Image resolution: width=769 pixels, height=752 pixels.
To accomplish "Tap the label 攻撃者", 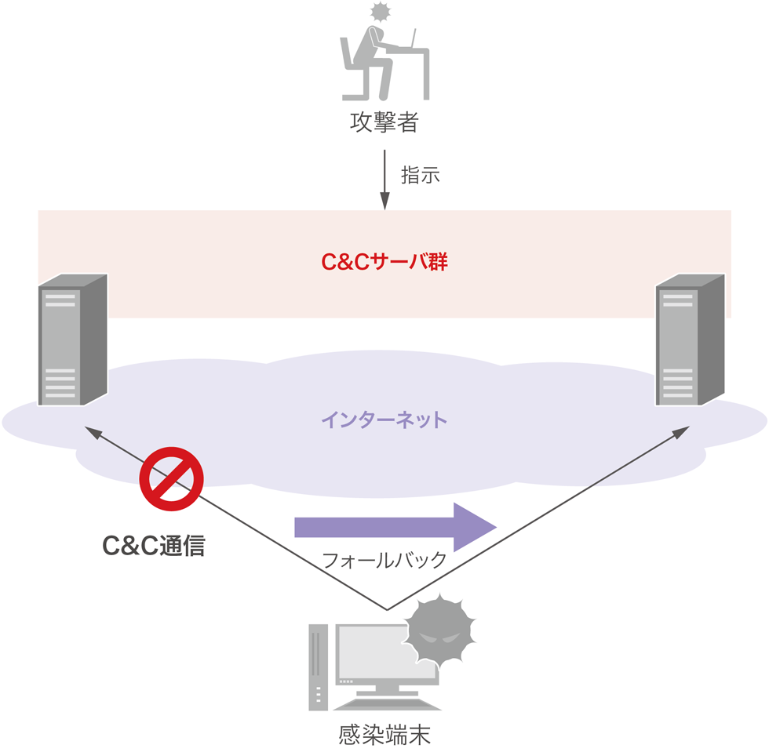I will click(x=384, y=124).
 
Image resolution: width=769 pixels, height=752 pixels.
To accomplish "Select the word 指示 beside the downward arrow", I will click(x=421, y=175).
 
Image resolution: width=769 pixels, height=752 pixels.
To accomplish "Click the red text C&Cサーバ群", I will click(x=384, y=262).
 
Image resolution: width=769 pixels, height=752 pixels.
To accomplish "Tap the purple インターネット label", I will click(x=384, y=420).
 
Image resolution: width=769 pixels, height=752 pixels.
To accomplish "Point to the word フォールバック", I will click(x=384, y=560).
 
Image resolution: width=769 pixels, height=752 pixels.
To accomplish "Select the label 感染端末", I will click(x=384, y=735).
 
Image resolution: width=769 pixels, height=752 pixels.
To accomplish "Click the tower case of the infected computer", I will click(x=318, y=667).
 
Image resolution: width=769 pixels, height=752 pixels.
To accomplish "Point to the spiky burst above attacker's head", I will click(x=381, y=12).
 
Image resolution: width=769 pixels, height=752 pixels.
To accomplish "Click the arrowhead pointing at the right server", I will click(x=683, y=431).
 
